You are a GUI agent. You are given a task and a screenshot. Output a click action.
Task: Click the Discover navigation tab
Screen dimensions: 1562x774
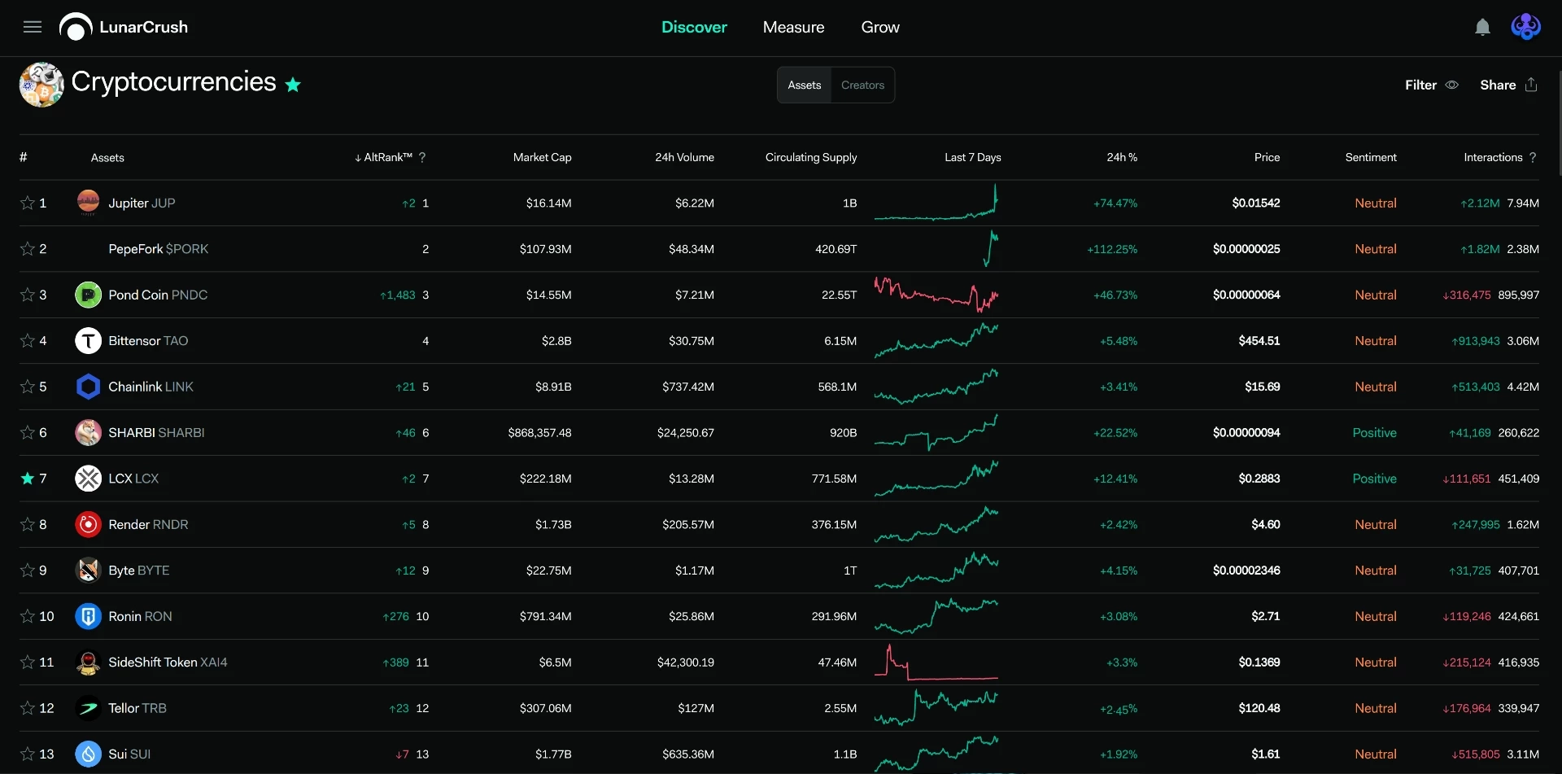point(694,27)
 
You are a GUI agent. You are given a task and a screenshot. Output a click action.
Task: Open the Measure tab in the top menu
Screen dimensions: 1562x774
point(793,27)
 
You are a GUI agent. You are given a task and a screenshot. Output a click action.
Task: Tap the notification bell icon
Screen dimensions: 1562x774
point(1482,28)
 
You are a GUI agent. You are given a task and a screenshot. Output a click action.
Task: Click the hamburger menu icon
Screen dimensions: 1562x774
point(33,27)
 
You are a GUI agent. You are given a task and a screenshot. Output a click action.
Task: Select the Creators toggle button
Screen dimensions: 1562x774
point(862,85)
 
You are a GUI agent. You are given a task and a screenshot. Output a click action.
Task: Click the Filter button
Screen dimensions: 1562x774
point(1431,85)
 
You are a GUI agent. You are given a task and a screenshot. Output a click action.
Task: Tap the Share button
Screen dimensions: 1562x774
point(1508,85)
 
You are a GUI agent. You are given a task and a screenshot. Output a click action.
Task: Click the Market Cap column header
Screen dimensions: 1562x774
point(542,157)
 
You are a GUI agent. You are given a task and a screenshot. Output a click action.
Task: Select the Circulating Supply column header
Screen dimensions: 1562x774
point(810,157)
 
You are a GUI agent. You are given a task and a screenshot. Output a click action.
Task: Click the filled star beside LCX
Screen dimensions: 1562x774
point(28,478)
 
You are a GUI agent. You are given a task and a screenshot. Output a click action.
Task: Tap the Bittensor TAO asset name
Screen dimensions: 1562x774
point(148,340)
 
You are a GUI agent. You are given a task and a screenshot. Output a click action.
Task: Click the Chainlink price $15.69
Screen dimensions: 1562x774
point(1262,387)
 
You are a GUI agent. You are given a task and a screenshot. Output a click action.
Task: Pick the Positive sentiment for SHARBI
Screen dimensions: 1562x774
point(1374,432)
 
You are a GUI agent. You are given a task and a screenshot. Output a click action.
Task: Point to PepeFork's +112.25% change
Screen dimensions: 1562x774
point(1112,249)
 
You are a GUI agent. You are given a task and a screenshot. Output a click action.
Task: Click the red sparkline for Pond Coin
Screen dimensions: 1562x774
point(936,295)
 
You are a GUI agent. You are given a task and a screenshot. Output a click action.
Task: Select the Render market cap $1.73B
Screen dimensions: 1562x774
point(553,524)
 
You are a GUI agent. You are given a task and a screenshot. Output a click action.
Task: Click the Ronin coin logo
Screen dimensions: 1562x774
point(88,616)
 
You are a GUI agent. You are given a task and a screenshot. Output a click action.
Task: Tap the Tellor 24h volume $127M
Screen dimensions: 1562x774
point(696,708)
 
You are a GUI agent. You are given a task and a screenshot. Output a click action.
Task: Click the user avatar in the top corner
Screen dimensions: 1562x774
point(1525,27)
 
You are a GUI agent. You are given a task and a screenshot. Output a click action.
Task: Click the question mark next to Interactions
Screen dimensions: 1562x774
point(1533,157)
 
